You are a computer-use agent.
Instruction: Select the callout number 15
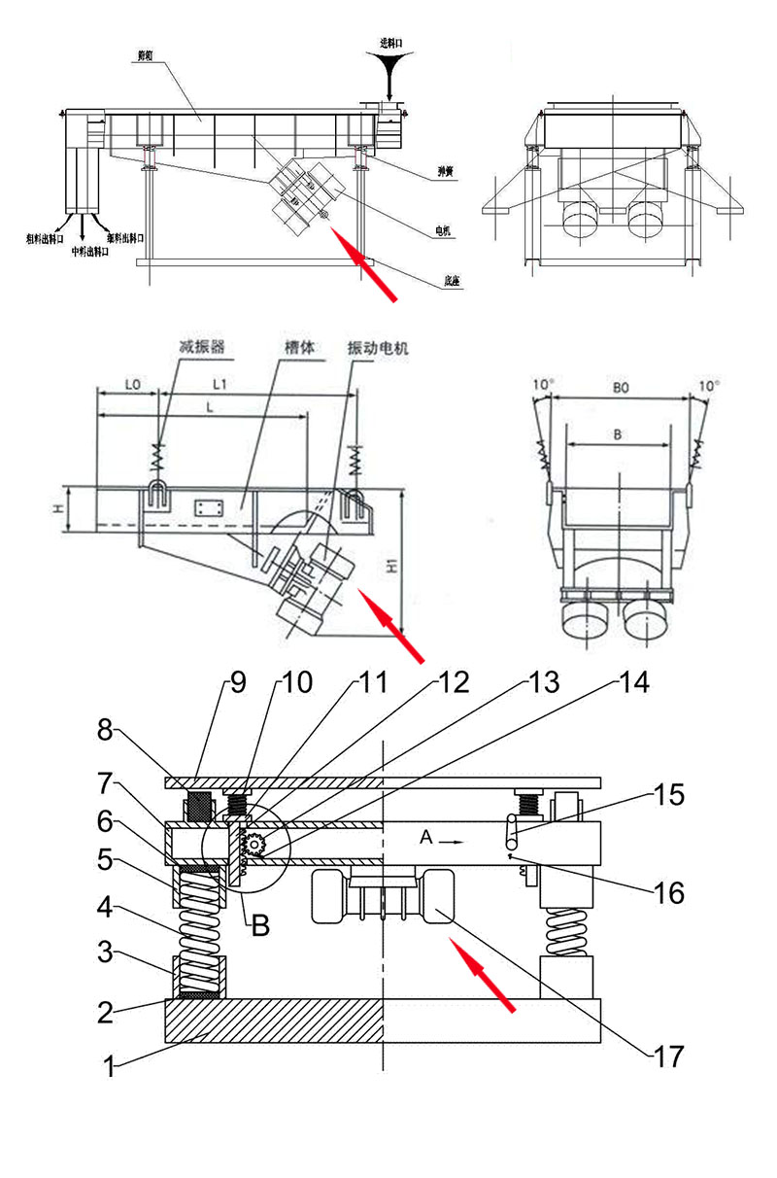pos(669,795)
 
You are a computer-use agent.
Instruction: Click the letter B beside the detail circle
pos(259,925)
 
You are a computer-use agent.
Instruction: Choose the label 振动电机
pos(379,347)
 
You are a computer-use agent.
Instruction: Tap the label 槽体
pos(298,346)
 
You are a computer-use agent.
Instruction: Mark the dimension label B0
pos(621,386)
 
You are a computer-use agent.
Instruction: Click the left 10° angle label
pos(542,385)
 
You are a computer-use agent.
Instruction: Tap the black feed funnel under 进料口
pos(388,72)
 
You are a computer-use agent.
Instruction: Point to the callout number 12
pos(453,682)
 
